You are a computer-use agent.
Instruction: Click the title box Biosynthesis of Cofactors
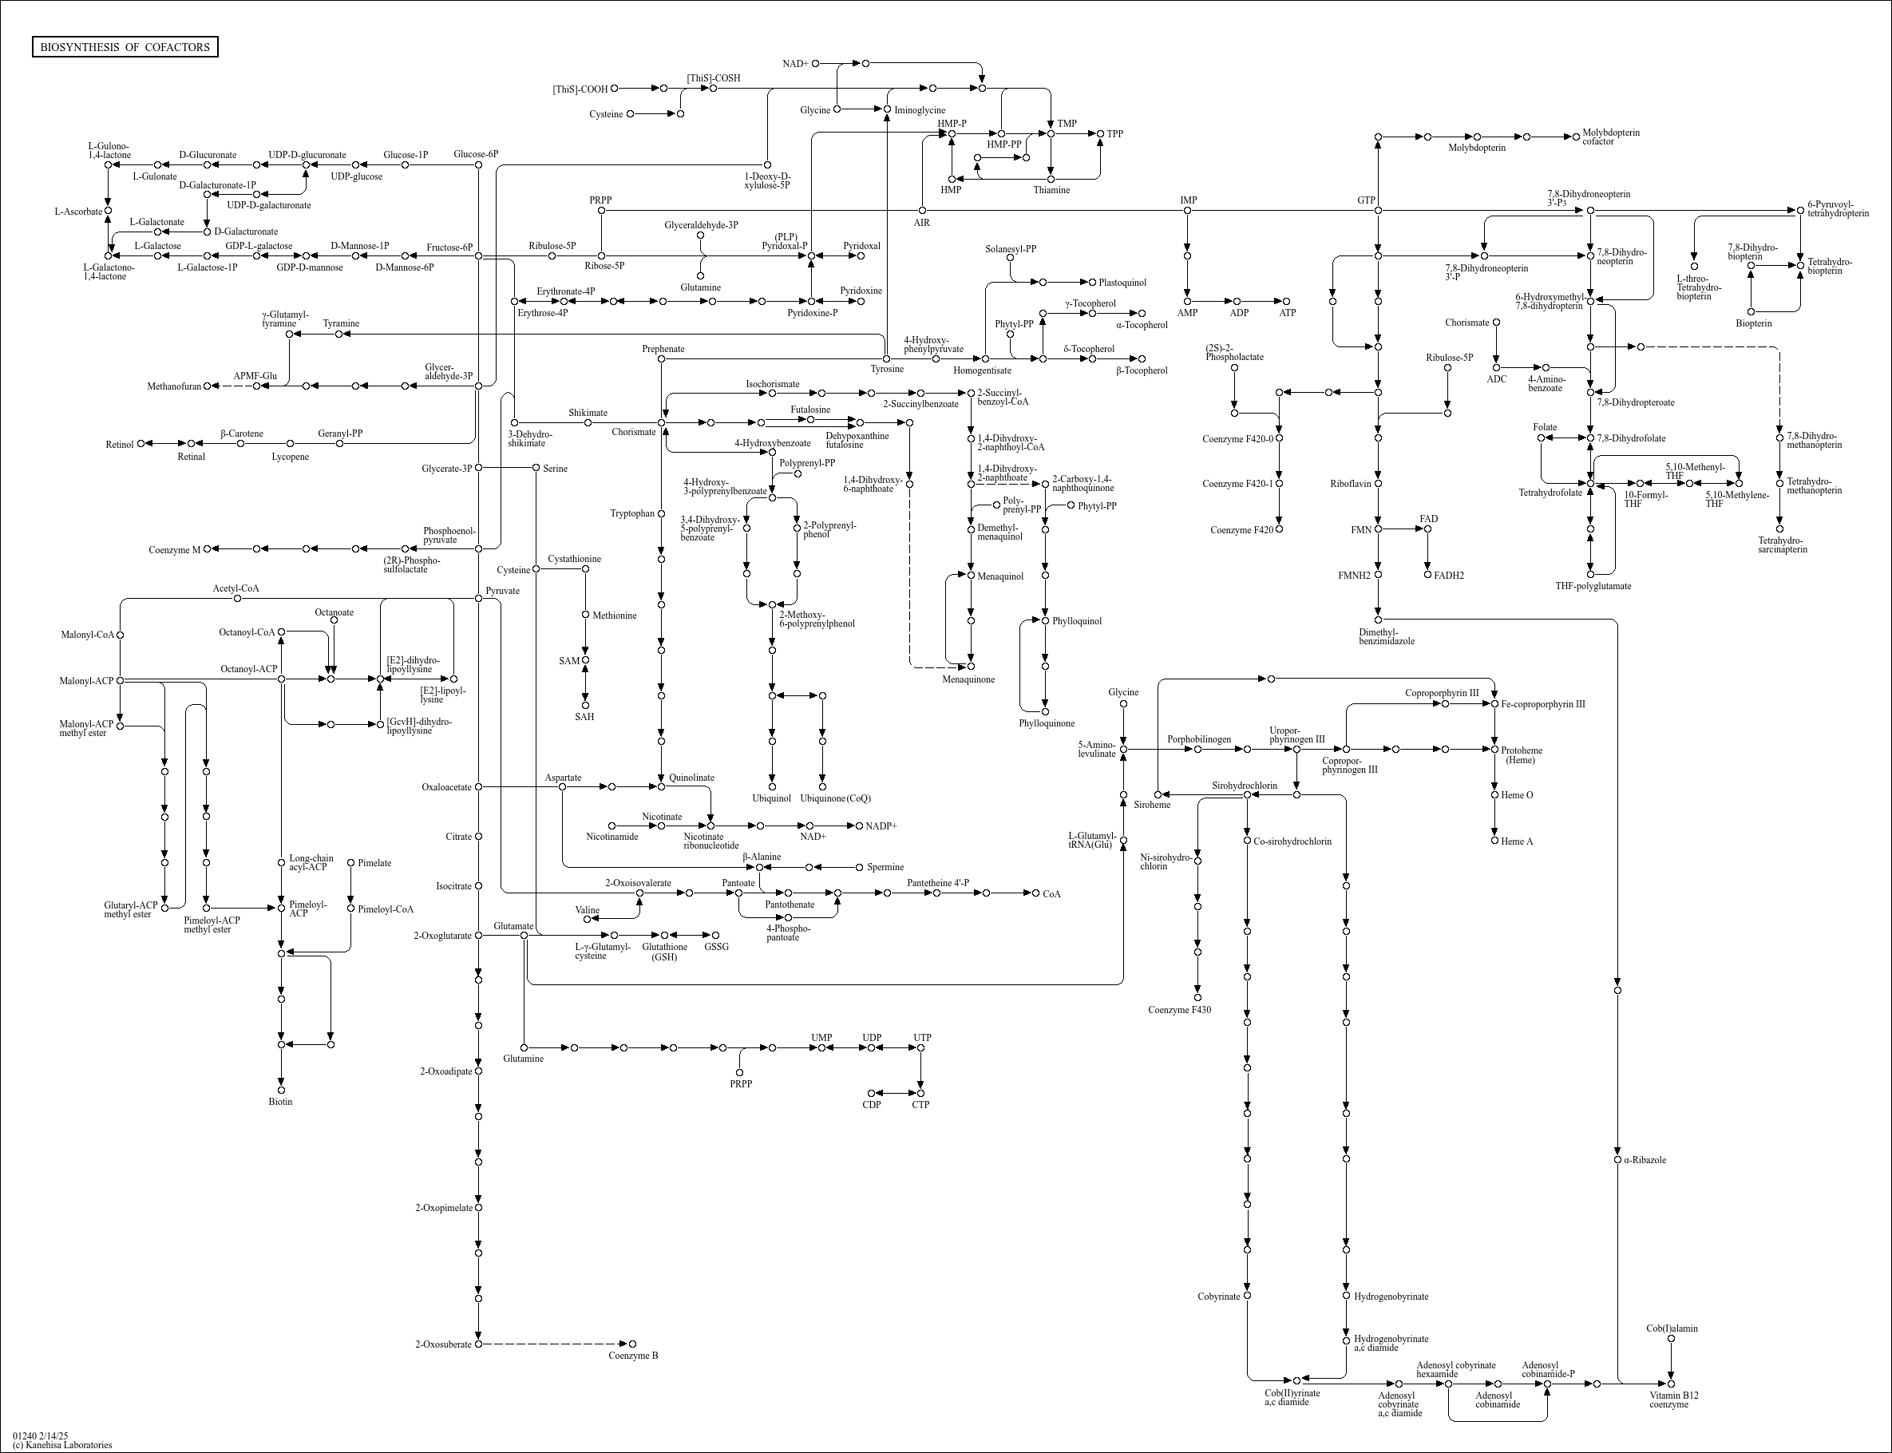point(125,46)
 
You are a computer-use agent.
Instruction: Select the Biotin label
point(280,1102)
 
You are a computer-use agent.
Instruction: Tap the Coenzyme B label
point(633,1356)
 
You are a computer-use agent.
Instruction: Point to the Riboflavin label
point(1351,484)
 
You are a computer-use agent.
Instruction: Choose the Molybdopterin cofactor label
point(1611,137)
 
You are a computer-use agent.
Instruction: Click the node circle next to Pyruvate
point(478,599)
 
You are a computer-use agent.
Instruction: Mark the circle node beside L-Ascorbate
point(108,210)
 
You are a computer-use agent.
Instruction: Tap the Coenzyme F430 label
point(1179,1009)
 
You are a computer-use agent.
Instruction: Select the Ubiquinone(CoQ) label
point(835,798)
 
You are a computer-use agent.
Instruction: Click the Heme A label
point(1517,841)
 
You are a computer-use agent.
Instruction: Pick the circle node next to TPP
point(1101,134)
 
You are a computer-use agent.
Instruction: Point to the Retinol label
point(121,445)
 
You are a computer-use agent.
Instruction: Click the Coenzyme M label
point(175,550)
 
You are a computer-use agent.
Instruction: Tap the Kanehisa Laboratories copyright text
point(62,1445)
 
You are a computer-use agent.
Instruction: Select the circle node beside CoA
point(1036,893)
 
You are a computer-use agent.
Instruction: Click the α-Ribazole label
point(1645,1160)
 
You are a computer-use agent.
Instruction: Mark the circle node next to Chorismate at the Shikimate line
point(662,423)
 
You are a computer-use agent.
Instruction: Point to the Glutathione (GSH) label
point(665,952)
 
